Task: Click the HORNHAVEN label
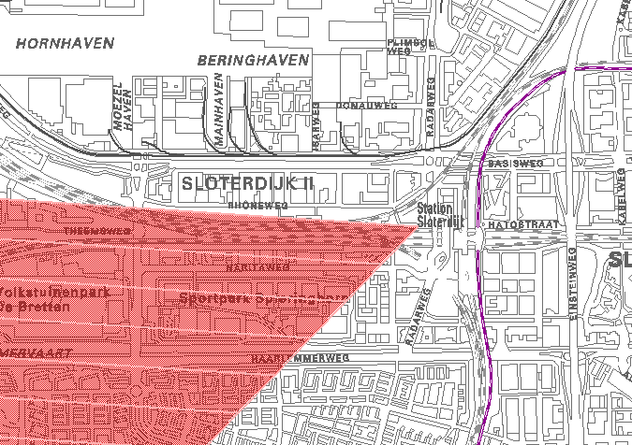(65, 43)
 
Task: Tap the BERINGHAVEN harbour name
(253, 60)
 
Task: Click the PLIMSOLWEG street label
(411, 47)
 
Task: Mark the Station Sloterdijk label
(440, 216)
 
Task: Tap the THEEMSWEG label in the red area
(97, 230)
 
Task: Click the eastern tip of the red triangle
(417, 225)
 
